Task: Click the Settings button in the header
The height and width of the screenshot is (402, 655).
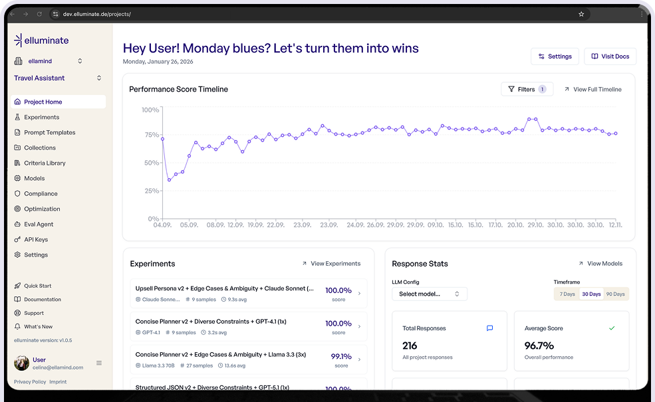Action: click(555, 56)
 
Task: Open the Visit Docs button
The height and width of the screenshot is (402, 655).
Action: click(610, 56)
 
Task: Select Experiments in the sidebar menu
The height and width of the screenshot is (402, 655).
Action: click(41, 117)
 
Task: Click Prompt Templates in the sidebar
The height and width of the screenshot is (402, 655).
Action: click(49, 132)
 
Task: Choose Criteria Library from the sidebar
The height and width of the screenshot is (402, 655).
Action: click(45, 163)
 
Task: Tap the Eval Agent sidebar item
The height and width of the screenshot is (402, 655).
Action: click(39, 224)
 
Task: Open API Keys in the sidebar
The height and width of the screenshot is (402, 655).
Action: click(36, 239)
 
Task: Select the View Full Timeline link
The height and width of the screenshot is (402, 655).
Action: click(592, 89)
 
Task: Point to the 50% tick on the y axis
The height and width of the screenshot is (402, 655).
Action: click(151, 163)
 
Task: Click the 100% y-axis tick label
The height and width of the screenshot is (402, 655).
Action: click(150, 110)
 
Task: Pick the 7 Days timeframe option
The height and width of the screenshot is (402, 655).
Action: click(567, 294)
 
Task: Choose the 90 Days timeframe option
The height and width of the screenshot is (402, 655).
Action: click(615, 294)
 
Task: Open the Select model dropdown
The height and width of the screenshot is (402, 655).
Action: click(429, 294)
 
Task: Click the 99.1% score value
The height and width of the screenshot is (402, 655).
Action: click(341, 356)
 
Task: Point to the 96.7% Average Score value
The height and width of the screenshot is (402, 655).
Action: click(539, 346)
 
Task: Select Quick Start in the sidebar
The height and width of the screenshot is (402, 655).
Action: click(37, 286)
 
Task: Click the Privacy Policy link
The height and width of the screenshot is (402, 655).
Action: click(30, 382)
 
